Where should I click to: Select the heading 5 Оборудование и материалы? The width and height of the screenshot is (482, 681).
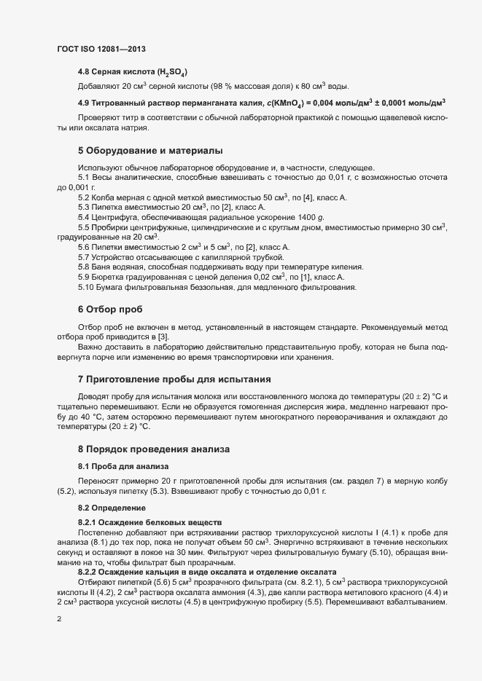[149, 151]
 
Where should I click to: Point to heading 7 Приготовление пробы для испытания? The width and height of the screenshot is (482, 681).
[175, 379]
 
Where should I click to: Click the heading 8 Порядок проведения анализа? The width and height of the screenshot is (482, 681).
[155, 449]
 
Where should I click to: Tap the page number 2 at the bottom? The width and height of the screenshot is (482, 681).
[59, 621]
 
